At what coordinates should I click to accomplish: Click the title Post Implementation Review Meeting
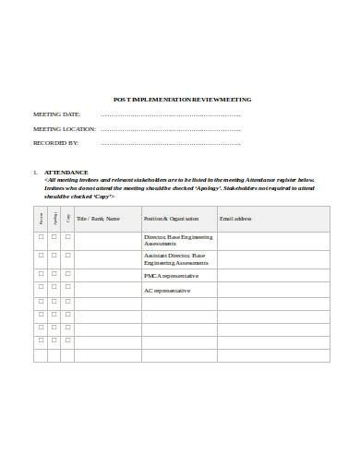[x=181, y=100]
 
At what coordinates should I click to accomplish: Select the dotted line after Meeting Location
[x=170, y=129]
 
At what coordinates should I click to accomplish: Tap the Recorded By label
[x=56, y=143]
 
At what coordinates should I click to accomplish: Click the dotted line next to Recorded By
[x=170, y=144]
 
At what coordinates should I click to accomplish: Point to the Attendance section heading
[x=66, y=173]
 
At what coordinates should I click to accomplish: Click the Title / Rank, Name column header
[x=98, y=219]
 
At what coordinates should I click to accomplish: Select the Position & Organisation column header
[x=171, y=219]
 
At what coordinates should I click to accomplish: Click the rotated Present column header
[x=41, y=219]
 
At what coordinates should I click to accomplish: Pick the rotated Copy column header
[x=67, y=219]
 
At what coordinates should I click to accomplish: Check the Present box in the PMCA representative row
[x=41, y=274]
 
